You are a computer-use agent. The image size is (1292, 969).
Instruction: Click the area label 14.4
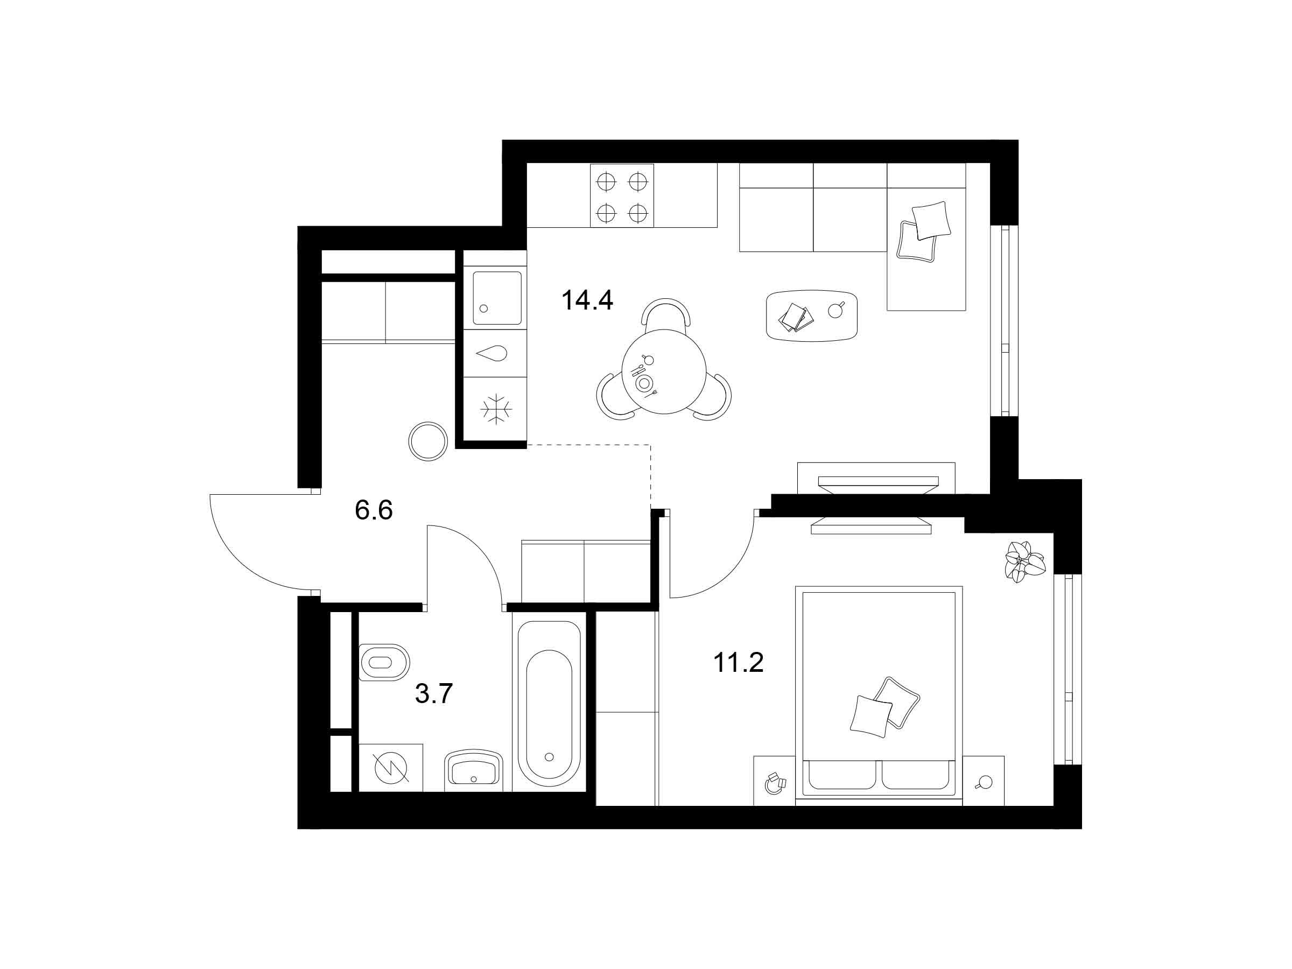tap(586, 300)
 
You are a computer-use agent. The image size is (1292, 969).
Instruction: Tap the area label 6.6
tap(374, 510)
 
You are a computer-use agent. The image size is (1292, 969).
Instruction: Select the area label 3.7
tap(433, 693)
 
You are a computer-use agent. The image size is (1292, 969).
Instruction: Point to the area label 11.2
tap(738, 662)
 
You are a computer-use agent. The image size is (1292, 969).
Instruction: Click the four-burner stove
tap(622, 195)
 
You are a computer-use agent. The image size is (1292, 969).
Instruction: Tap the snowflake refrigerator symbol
tap(496, 409)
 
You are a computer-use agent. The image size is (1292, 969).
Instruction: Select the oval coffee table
tap(812, 315)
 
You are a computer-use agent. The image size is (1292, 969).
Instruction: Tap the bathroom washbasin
tap(474, 770)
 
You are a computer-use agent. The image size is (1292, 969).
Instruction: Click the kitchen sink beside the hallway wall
tap(496, 298)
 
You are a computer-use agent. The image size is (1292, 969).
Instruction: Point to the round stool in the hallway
tap(429, 441)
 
